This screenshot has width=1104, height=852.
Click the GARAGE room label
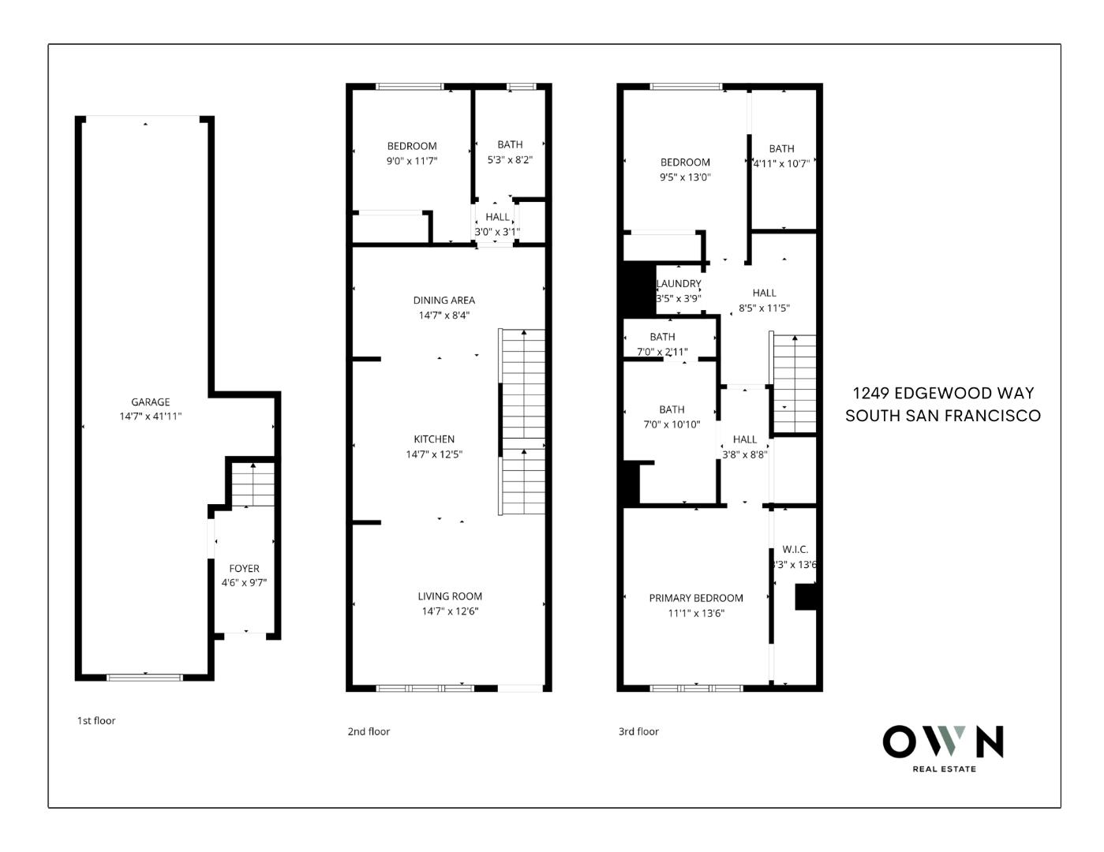click(150, 402)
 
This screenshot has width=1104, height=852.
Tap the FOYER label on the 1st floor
click(244, 568)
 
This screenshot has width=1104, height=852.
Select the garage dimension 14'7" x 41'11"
click(150, 417)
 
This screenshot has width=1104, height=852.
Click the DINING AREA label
click(443, 300)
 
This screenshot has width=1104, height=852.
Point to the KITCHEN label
click(434, 439)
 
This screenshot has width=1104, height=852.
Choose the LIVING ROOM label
click(450, 596)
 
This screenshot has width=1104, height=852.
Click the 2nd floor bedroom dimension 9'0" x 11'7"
click(411, 161)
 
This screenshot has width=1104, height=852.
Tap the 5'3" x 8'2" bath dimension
click(510, 159)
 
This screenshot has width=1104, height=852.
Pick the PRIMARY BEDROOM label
click(696, 598)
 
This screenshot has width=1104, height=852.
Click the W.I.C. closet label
click(795, 549)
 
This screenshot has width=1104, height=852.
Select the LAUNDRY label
click(679, 284)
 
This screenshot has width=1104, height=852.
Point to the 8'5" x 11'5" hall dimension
click(764, 308)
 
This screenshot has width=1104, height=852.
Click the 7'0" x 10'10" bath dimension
click(672, 424)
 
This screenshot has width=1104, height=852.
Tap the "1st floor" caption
click(96, 720)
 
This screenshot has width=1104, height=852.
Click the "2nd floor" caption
click(369, 731)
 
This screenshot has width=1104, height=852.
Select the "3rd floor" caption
click(638, 731)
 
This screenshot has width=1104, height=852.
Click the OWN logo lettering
click(943, 742)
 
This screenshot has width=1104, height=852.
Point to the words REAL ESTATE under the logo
click(944, 769)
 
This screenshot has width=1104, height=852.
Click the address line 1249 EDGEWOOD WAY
click(943, 393)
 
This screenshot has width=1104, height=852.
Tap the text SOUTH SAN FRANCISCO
click(943, 416)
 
